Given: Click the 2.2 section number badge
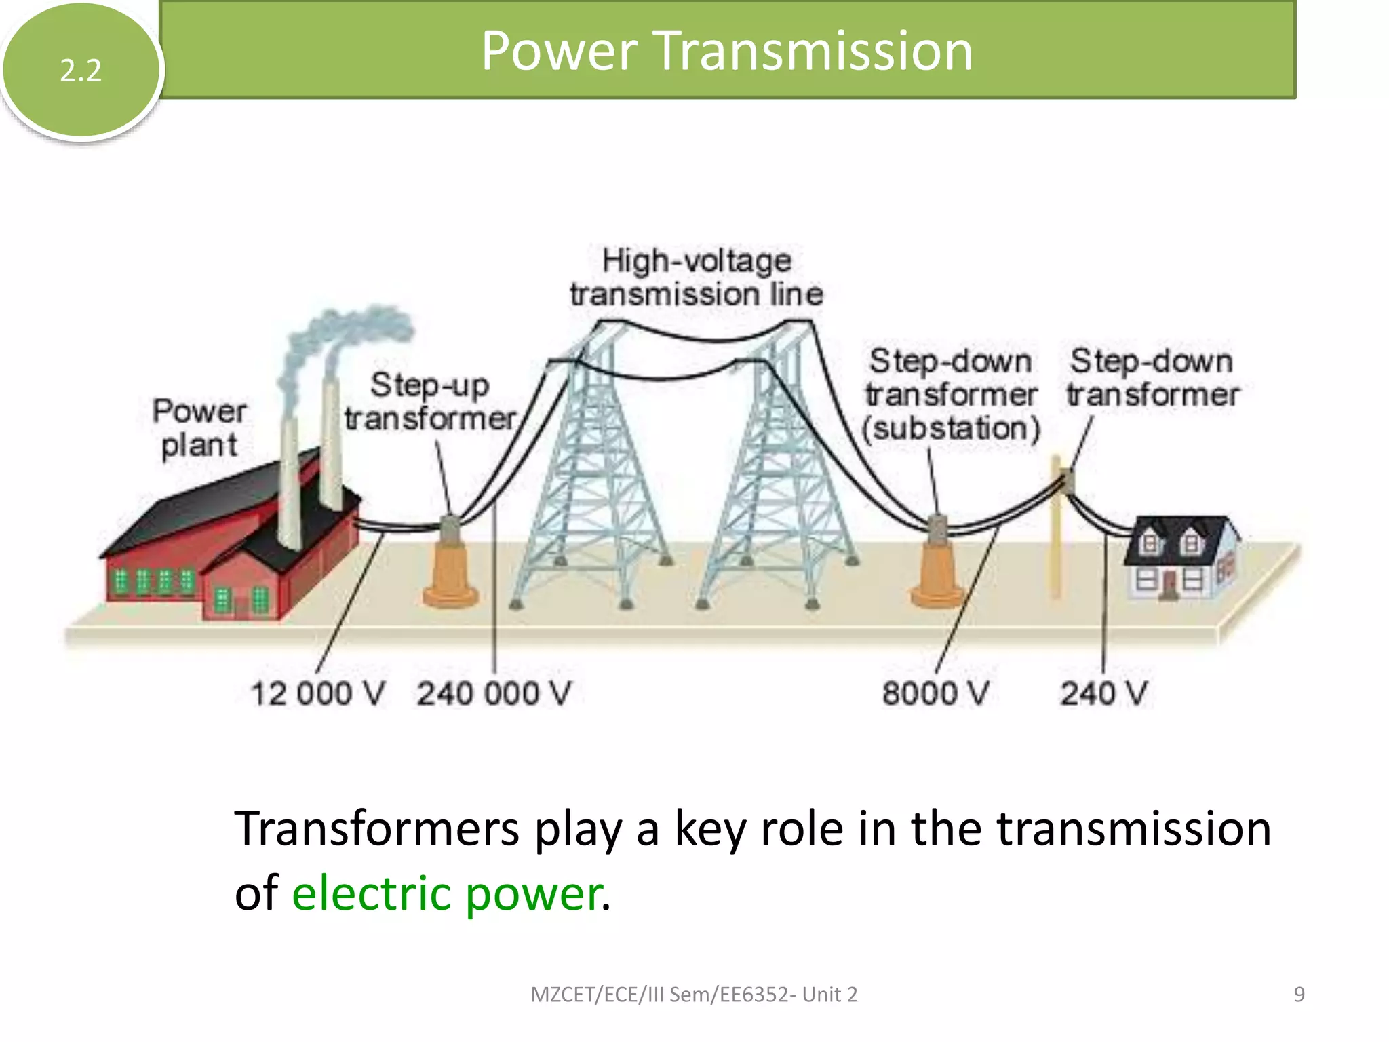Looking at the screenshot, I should [x=81, y=70].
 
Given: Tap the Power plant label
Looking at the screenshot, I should [x=199, y=428].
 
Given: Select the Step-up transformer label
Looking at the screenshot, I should [x=430, y=402].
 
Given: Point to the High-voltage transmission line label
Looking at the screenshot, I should [x=697, y=277].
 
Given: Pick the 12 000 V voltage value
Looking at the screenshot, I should [x=317, y=693].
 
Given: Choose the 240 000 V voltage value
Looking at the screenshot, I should [x=494, y=693].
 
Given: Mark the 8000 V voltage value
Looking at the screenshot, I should [x=935, y=693].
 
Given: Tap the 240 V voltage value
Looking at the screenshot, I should [x=1103, y=693].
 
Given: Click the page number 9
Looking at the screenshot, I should [x=1299, y=995].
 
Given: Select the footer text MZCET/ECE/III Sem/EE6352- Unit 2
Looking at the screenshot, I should [x=694, y=995].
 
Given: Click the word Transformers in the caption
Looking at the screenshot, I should [x=376, y=829].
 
